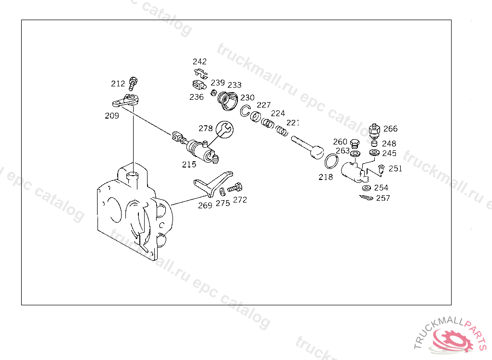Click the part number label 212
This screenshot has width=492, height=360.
click(118, 84)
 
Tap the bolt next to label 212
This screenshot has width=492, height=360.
click(133, 84)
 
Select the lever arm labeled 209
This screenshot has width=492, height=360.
click(126, 101)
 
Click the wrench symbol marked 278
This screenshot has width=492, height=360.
click(224, 129)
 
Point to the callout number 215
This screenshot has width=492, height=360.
click(189, 164)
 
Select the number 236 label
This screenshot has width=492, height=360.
click(196, 97)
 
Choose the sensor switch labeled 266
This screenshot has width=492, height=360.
click(374, 130)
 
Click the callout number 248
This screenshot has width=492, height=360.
click(389, 144)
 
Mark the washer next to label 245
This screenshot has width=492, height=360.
click(374, 153)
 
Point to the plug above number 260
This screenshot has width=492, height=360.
click(355, 143)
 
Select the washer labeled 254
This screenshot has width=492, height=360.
click(367, 187)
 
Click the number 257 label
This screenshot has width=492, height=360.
click(383, 198)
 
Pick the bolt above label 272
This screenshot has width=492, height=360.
click(236, 188)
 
